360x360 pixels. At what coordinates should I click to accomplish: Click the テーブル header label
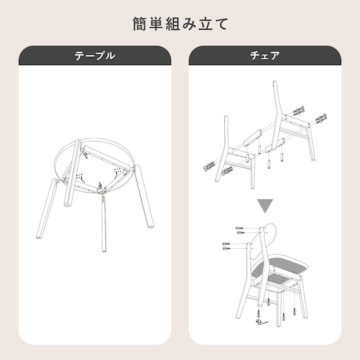(95, 56)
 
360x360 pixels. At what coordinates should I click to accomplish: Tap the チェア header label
(265, 56)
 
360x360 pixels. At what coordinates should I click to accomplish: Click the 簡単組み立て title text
(180, 24)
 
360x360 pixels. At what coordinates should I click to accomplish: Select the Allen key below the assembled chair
(261, 323)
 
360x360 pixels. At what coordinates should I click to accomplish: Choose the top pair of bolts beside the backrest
(240, 230)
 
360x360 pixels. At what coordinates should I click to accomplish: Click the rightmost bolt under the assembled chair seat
(294, 313)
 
